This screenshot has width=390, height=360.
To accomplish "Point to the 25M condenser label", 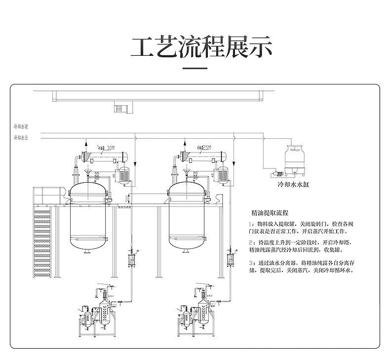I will [x=205, y=147].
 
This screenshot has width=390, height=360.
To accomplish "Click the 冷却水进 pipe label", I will [x=21, y=127].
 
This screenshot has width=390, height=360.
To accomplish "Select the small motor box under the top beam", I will [x=120, y=107].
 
